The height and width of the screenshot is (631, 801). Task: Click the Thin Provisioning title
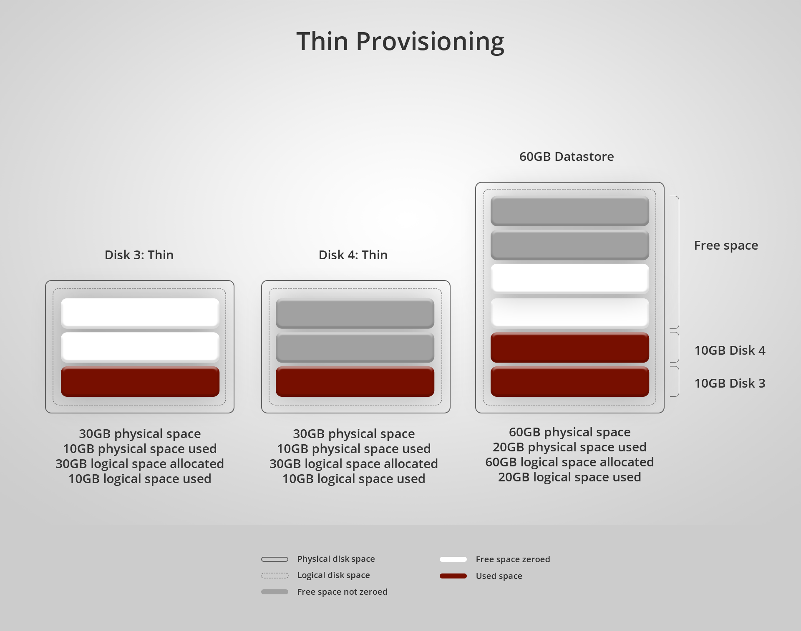point(400,41)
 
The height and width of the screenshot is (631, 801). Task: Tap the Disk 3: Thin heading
point(139,255)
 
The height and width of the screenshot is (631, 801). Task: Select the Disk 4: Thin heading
point(353,255)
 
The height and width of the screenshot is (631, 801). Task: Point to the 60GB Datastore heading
point(566,157)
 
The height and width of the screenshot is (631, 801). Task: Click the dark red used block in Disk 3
point(140,381)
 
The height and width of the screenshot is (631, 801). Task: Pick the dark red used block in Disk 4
point(355,381)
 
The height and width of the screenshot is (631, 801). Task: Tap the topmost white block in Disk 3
point(140,313)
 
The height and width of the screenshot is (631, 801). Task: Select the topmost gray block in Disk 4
point(355,313)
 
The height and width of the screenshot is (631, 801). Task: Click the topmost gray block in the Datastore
point(569,211)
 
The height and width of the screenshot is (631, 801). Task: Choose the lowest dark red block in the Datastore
point(569,381)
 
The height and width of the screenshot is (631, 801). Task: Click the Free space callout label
point(726,245)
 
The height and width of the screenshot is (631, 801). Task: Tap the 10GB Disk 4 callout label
point(730,351)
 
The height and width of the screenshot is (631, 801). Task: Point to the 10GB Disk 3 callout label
point(730,383)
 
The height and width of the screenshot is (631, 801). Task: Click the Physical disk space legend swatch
point(275,559)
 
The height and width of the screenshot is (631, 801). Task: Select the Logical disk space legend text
point(333,575)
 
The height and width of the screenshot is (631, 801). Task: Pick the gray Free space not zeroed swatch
point(275,592)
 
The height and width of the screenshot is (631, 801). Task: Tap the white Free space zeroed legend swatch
point(453,559)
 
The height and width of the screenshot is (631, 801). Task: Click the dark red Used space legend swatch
point(453,576)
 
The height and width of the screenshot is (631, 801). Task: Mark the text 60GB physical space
point(569,432)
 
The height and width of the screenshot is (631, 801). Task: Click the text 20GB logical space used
point(569,477)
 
